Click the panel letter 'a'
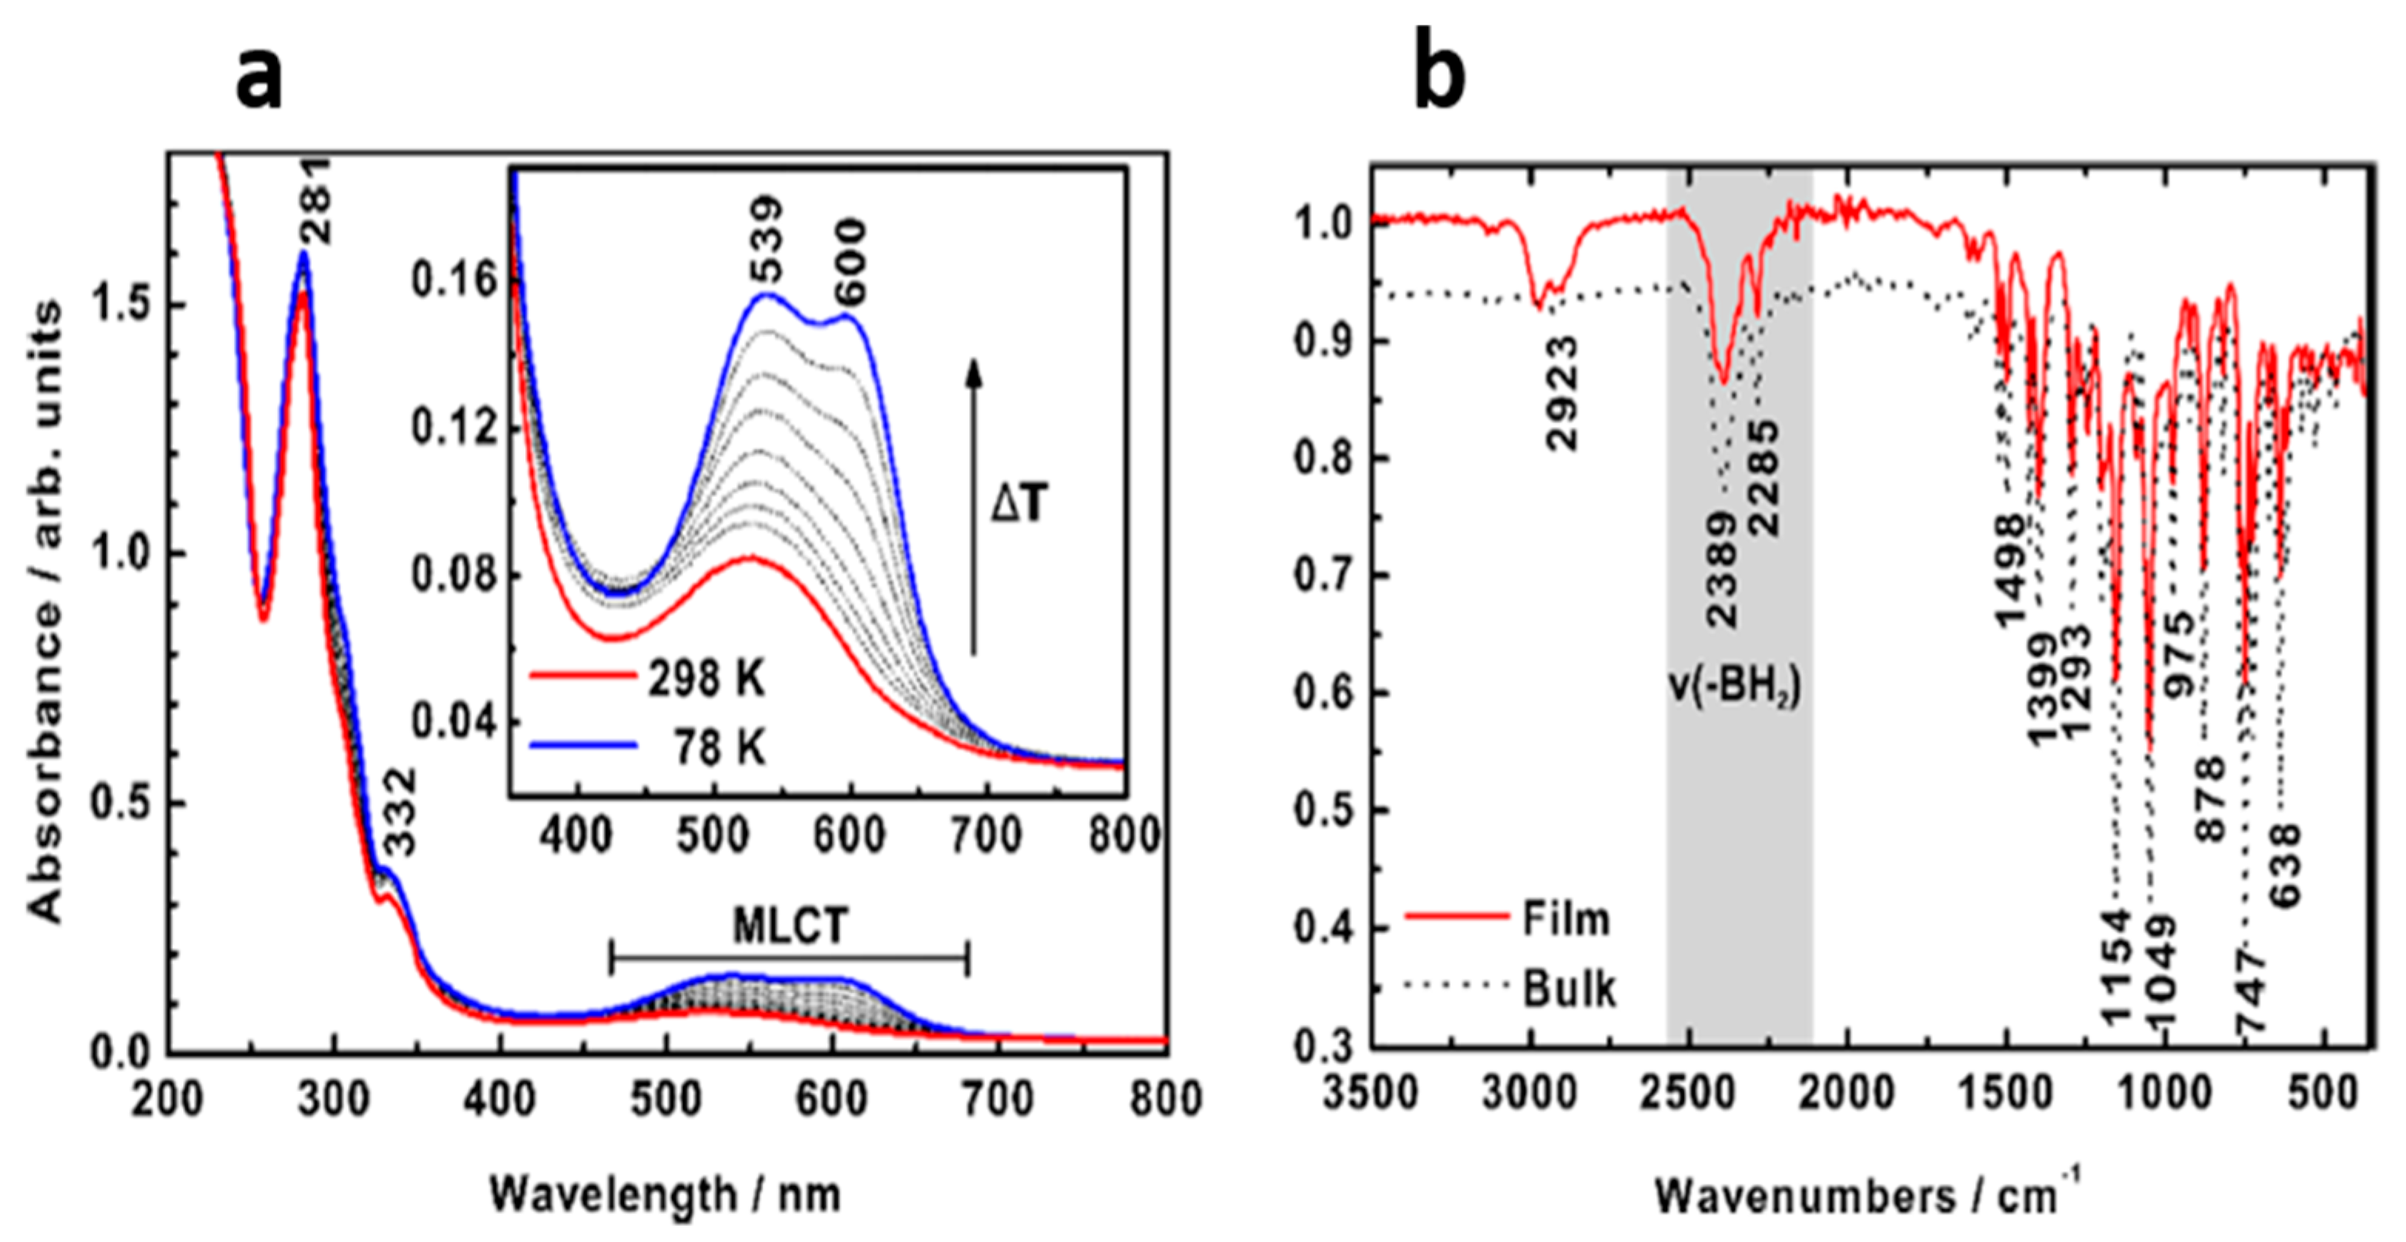click(259, 79)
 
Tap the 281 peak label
click(317, 201)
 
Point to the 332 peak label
click(399, 812)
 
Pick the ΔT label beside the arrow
click(1019, 505)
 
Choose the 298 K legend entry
click(706, 679)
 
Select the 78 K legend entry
click(720, 748)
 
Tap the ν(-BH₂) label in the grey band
click(1734, 688)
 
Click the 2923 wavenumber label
click(1562, 393)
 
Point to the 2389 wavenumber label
click(1720, 569)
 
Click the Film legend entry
click(1566, 919)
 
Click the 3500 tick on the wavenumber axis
click(1371, 1093)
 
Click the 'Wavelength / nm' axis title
click(665, 1195)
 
